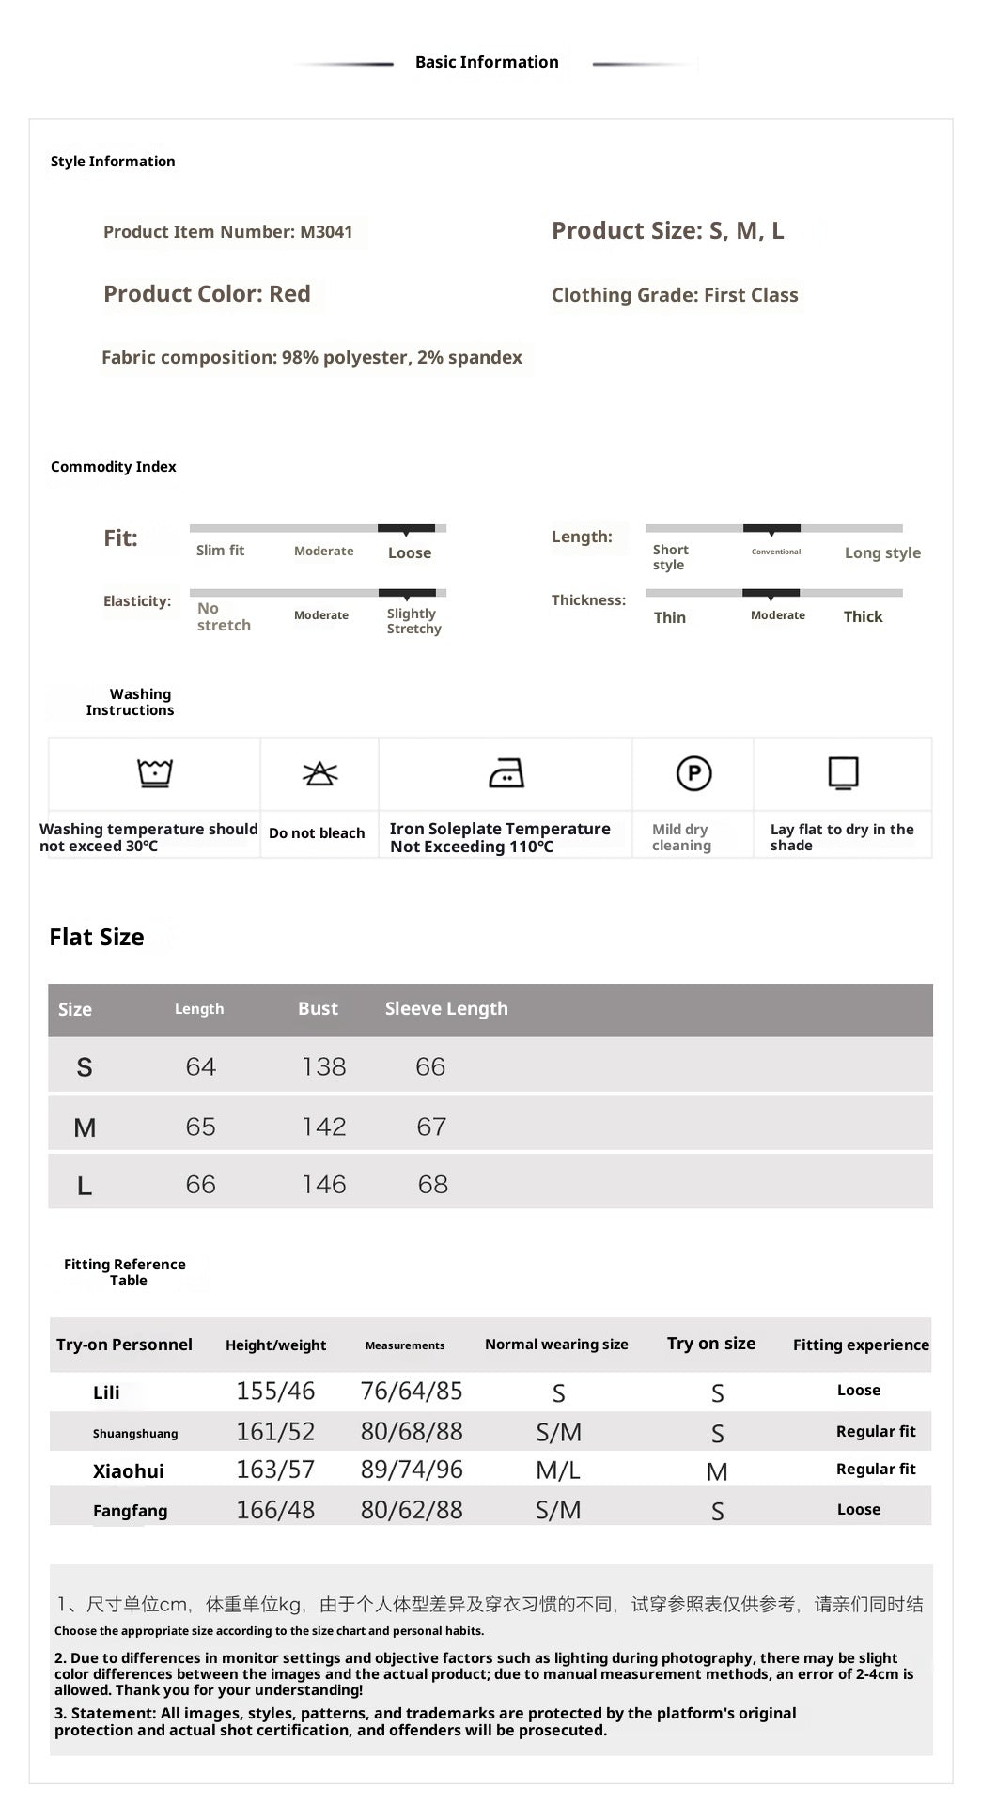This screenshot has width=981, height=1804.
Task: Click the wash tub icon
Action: point(155,773)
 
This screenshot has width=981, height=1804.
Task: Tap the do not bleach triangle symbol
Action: point(319,773)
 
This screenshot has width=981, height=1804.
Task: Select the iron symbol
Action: point(506,773)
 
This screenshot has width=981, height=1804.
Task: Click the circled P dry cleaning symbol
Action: point(693,773)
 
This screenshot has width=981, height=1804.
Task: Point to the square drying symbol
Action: point(843,773)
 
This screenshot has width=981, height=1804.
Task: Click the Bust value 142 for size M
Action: point(324,1127)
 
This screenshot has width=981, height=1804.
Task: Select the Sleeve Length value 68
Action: point(432,1184)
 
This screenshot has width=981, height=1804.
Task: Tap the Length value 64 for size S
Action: point(200,1066)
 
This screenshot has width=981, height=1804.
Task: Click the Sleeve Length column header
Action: point(446,1008)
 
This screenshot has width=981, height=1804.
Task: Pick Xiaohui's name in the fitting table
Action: point(129,1471)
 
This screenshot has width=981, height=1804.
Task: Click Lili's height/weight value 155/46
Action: point(275,1391)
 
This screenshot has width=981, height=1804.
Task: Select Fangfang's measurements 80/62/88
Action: point(412,1510)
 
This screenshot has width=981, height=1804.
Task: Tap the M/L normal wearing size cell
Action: point(558,1470)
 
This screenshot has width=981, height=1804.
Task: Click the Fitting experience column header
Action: point(861,1345)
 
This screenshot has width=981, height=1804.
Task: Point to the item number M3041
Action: point(326,232)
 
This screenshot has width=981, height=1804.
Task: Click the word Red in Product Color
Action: point(289,294)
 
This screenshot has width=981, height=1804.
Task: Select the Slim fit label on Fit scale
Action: point(220,551)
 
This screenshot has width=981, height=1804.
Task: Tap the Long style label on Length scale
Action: point(882,552)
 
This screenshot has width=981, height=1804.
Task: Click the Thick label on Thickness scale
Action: point(863,616)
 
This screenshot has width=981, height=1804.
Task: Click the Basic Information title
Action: point(487,62)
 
